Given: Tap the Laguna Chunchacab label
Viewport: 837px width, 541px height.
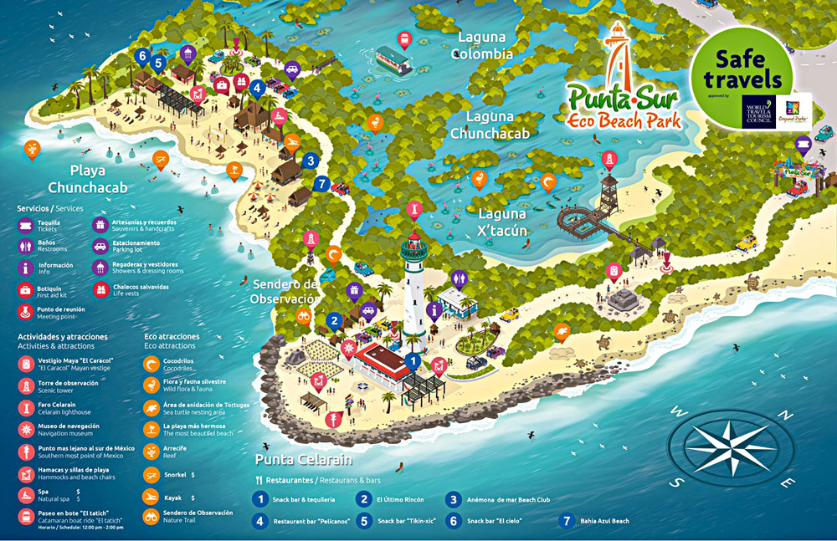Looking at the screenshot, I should click(x=490, y=125).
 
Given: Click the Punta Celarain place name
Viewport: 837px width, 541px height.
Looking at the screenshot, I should click(x=304, y=460).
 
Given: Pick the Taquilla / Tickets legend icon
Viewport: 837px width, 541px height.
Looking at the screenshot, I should click(x=26, y=225).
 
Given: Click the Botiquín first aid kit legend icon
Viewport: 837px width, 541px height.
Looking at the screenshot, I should click(x=26, y=290).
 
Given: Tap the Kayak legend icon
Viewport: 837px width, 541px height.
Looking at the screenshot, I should click(x=151, y=497).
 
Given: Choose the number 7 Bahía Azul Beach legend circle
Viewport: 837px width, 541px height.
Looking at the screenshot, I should click(x=566, y=520).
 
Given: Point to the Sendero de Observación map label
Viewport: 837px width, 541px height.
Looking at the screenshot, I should click(x=285, y=291).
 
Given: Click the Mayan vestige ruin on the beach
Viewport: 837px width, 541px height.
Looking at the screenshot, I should click(x=624, y=299).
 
